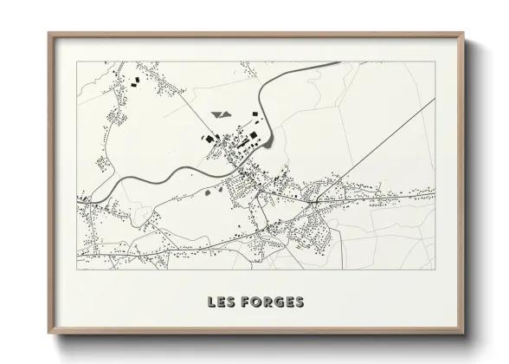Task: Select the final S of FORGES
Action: click(x=298, y=302)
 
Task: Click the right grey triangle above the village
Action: click(x=227, y=114)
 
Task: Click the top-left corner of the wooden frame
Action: click(x=50, y=35)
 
